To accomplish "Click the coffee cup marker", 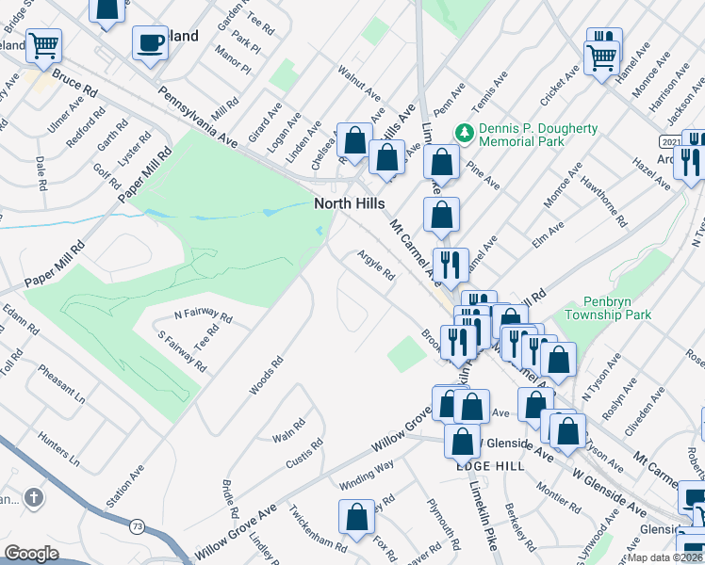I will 150,43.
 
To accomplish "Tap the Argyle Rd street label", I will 376,265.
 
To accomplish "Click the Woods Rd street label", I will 266,375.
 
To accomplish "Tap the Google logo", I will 31,554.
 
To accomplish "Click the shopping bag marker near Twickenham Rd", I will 357,516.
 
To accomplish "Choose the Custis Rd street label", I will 304,454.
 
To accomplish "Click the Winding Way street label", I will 367,476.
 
